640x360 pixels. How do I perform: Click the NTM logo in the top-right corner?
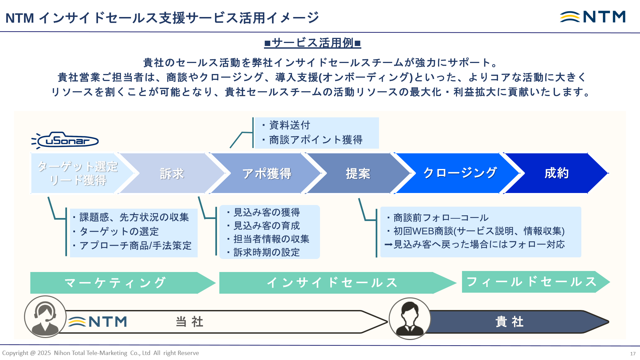coord(593,17)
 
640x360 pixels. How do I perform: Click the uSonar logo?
coord(65,140)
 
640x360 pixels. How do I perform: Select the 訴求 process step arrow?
coord(172,173)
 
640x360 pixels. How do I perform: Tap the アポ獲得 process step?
coord(267,173)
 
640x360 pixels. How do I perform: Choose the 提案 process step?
coord(358,173)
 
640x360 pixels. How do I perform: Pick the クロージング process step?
coord(460,173)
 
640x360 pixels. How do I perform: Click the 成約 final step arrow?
coord(556,173)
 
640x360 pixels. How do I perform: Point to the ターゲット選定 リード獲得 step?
coord(77,173)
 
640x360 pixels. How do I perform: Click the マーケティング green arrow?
coord(115,283)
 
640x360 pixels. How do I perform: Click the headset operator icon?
coord(45,317)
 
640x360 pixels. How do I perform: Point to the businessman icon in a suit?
coord(410,319)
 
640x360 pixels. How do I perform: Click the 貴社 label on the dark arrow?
coord(509,322)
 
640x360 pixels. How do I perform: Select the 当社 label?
coord(189,322)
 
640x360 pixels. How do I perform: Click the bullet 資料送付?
coord(289,125)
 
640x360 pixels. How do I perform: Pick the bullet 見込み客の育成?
coord(266,226)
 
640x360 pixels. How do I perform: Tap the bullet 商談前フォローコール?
coord(441,218)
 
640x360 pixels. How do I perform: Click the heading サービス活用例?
coord(312,43)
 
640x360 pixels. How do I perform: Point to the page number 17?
coord(633,354)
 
